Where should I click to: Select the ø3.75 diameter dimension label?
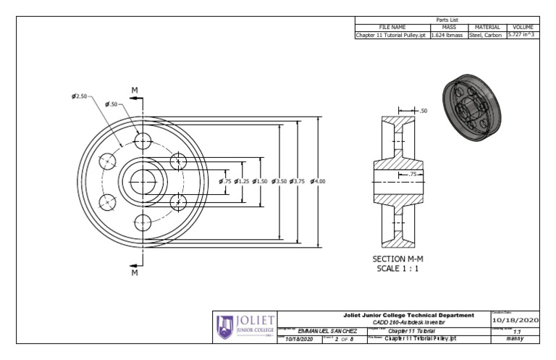[297, 181]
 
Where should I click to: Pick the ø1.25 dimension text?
[242, 181]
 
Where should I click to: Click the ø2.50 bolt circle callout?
[80, 96]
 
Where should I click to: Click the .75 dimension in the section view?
[413, 174]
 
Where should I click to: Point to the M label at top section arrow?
[135, 91]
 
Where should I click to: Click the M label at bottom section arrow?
[135, 274]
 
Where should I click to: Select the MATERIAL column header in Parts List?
[488, 26]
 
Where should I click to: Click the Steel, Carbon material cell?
[488, 34]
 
